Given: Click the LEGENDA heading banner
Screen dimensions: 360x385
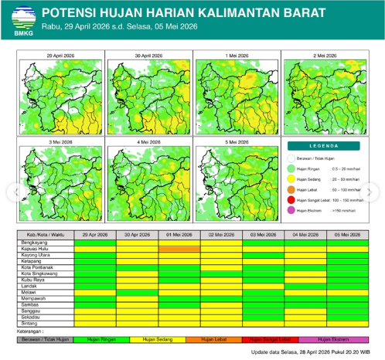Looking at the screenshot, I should click(325, 144).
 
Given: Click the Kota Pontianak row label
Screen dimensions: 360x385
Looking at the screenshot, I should click(39, 267).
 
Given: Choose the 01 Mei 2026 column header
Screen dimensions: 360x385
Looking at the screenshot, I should click(179, 234).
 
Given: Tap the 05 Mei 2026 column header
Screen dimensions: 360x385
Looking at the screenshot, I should click(347, 234).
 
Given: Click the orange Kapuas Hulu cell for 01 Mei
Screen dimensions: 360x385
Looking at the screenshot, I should click(179, 249).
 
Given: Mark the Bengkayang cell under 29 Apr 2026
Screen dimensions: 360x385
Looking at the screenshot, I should click(94, 243).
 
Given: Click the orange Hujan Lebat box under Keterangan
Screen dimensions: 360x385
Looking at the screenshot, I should click(220, 338).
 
